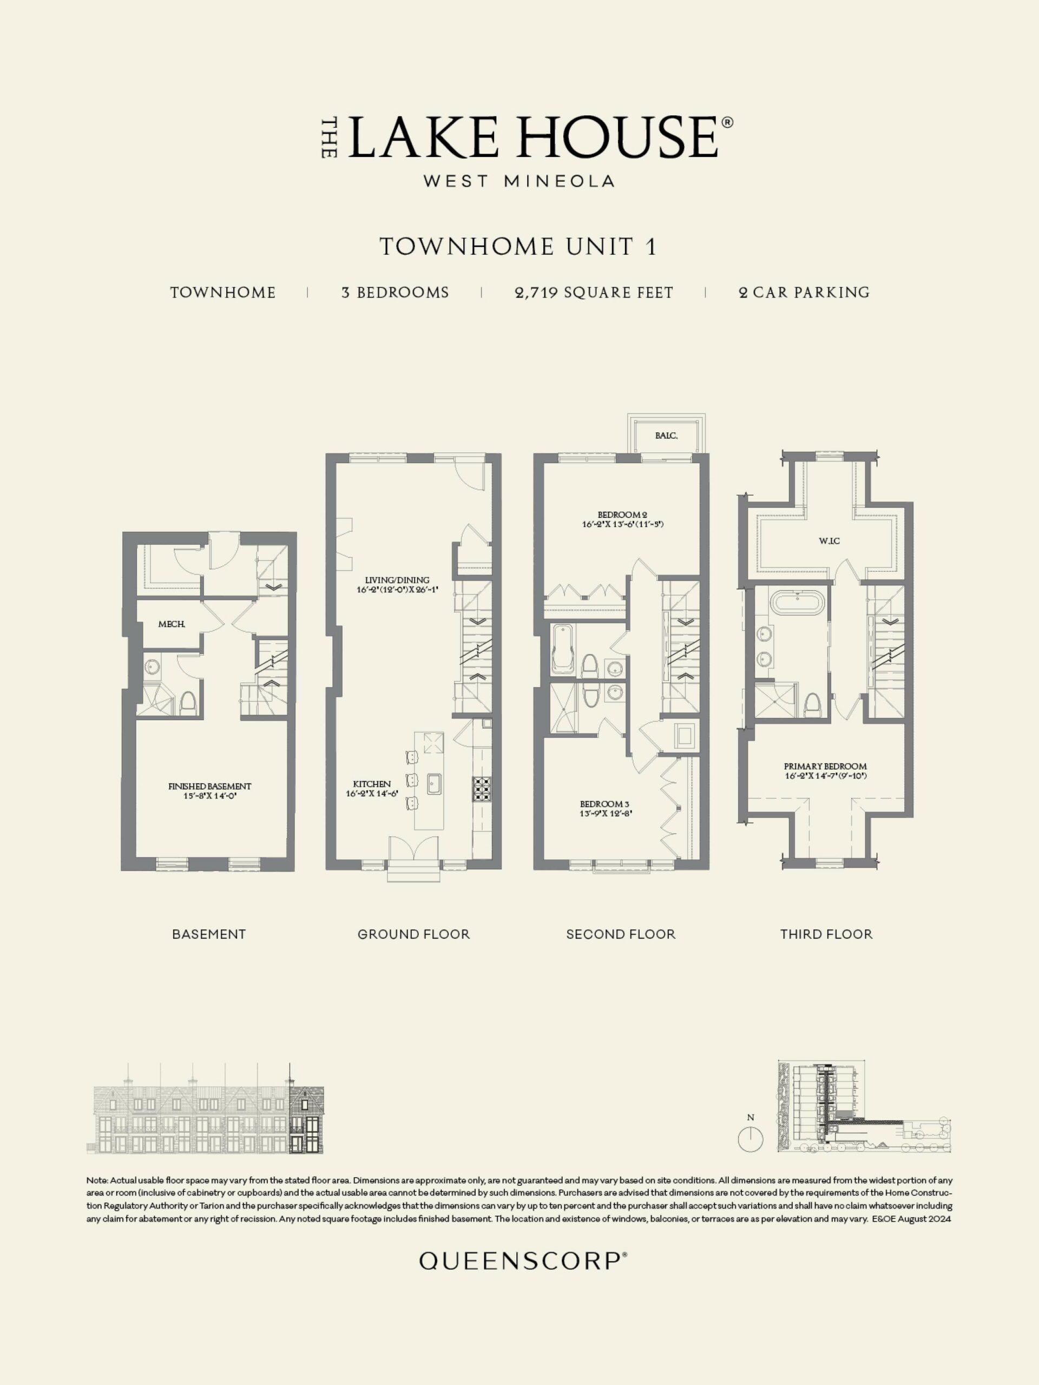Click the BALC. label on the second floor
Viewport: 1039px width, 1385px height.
(x=666, y=436)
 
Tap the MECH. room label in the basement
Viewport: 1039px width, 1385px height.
(x=171, y=624)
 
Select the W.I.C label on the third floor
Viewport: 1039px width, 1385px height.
(x=829, y=541)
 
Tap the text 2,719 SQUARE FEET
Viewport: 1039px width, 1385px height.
(x=594, y=292)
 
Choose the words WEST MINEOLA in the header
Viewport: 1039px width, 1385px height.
(x=518, y=181)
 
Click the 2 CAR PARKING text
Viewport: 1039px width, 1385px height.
(x=804, y=292)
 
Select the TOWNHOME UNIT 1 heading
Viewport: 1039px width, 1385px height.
(x=518, y=246)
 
